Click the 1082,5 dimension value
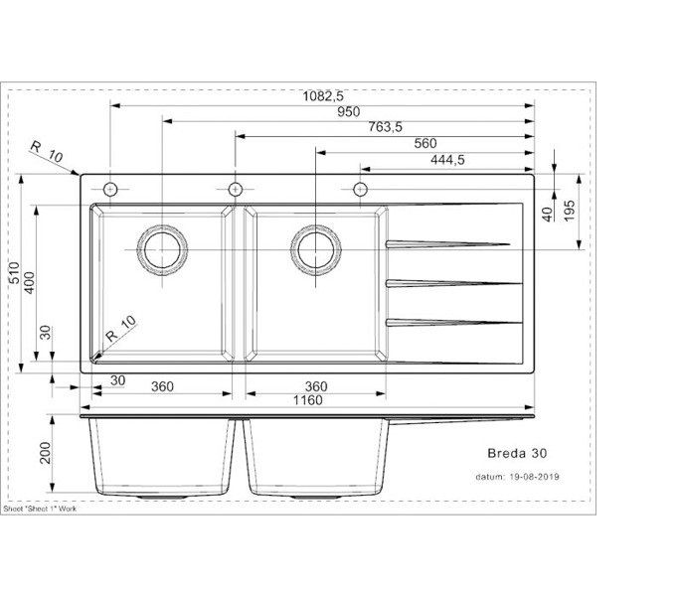323,95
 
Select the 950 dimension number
348,112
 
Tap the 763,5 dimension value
385,127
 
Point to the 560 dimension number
425,143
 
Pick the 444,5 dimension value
447,160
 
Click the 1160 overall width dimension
308,400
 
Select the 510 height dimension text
15,273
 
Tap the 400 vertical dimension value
30,283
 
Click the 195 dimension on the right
570,211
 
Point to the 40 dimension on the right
548,215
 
